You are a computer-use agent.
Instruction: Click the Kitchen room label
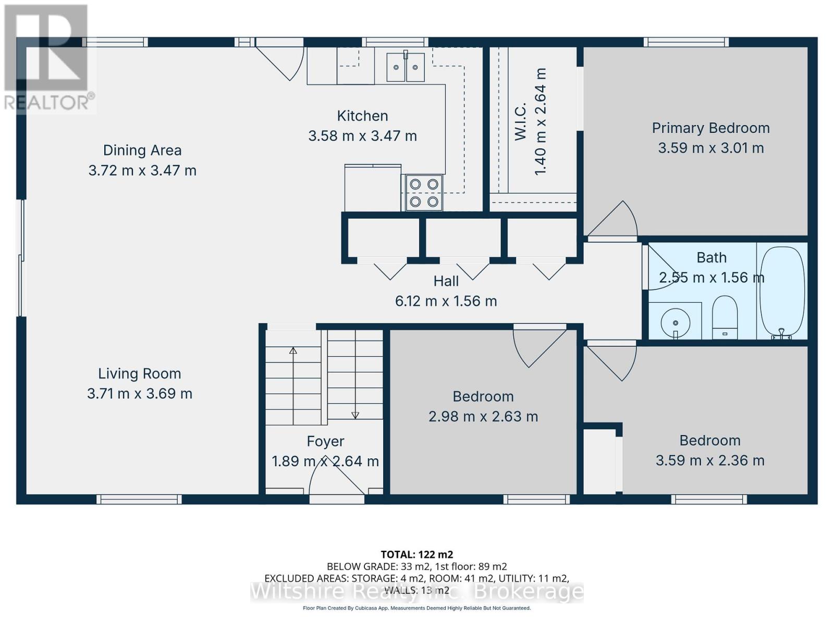(x=362, y=116)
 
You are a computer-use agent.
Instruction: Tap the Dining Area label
(x=142, y=151)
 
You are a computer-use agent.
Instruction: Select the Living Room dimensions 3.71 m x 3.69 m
(x=140, y=394)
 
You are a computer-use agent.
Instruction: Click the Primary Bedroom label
(x=711, y=128)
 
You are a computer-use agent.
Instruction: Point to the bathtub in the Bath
(x=781, y=293)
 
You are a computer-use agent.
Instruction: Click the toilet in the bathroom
(x=725, y=318)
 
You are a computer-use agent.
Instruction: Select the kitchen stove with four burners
(x=424, y=193)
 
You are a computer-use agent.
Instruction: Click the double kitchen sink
(x=406, y=67)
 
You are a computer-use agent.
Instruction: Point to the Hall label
(x=446, y=281)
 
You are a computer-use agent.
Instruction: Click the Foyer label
(x=325, y=441)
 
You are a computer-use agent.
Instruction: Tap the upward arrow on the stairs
(x=293, y=385)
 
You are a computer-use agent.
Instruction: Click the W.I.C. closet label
(x=520, y=121)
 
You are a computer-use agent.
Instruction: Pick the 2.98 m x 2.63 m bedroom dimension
(x=483, y=417)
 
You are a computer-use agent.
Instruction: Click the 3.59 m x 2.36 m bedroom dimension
(x=710, y=461)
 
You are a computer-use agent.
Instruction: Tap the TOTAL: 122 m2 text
(x=417, y=555)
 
